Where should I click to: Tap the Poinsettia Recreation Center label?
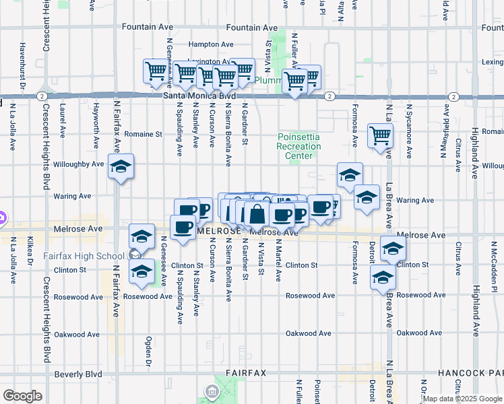(299, 146)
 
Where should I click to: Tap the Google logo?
(22, 396)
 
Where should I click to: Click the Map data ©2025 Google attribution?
(462, 399)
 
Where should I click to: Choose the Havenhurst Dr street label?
(22, 66)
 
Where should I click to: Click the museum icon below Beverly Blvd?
(212, 391)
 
